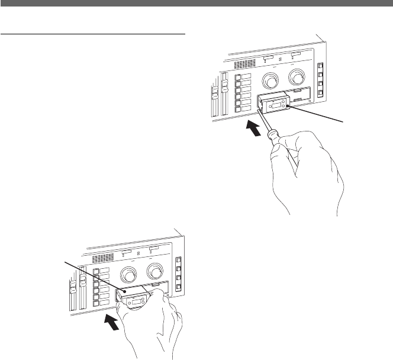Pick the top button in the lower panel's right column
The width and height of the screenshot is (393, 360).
(177, 261)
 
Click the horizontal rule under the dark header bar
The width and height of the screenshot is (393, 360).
(93, 34)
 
